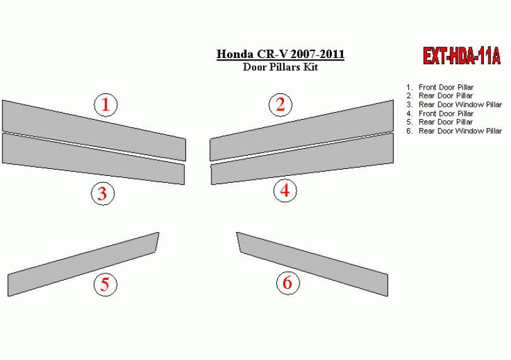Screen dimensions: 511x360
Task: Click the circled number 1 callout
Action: tap(105, 105)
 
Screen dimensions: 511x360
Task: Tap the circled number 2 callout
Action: tap(280, 105)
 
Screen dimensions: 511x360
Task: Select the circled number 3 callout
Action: tap(103, 194)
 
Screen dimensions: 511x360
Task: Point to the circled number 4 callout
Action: tap(285, 190)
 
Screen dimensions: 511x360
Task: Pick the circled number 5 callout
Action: tap(105, 284)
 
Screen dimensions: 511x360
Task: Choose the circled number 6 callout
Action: tap(288, 283)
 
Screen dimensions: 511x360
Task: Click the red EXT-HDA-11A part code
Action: tap(461, 56)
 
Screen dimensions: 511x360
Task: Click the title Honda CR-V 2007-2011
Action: tap(280, 54)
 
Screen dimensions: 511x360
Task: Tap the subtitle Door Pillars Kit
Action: tap(280, 67)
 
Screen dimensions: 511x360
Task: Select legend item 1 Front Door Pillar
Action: tap(440, 87)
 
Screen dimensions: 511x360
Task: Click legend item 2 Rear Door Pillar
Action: tap(439, 96)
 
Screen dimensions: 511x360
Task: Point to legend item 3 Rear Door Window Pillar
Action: tap(454, 105)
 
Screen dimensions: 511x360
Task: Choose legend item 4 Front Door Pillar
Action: tap(440, 113)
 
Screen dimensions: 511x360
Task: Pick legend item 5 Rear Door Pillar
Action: tap(439, 122)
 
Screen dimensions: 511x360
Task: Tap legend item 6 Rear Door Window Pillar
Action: tap(454, 131)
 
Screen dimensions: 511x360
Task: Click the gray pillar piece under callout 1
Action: tap(94, 131)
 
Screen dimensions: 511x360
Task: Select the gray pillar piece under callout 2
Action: tap(302, 131)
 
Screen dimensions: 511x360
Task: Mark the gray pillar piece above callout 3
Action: tap(93, 159)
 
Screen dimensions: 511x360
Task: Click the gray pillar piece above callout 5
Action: tap(83, 264)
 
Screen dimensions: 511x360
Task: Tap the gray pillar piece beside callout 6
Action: tap(312, 264)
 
